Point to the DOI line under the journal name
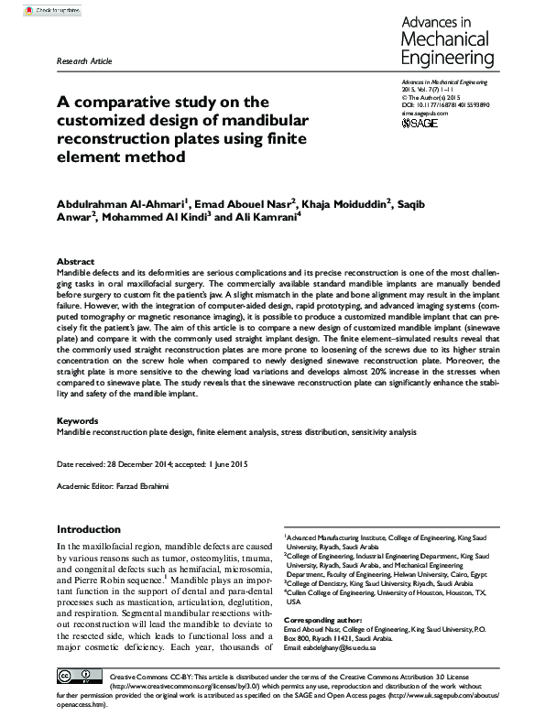(x=446, y=105)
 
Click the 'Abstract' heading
(x=75, y=261)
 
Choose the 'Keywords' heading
(x=77, y=420)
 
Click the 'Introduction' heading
(x=94, y=529)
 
